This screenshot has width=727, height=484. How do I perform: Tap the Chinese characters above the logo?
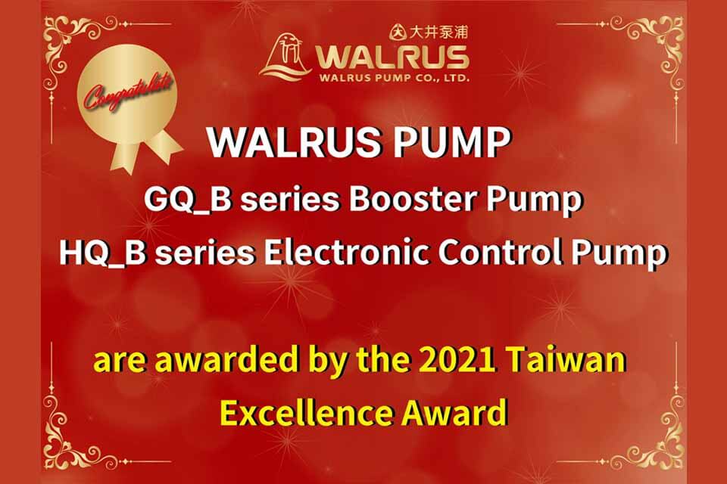coord(438,32)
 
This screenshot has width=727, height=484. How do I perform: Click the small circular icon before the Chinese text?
coord(398,32)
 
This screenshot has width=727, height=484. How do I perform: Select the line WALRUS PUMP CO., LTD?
coord(394,78)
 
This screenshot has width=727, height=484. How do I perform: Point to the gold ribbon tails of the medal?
coord(145,150)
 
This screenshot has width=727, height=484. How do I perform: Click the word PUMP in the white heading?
coord(452,142)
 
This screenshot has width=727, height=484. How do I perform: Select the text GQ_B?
coord(188,200)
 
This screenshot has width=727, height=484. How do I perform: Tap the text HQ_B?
coord(102,253)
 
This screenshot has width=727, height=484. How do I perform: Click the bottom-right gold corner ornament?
coord(649,436)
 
